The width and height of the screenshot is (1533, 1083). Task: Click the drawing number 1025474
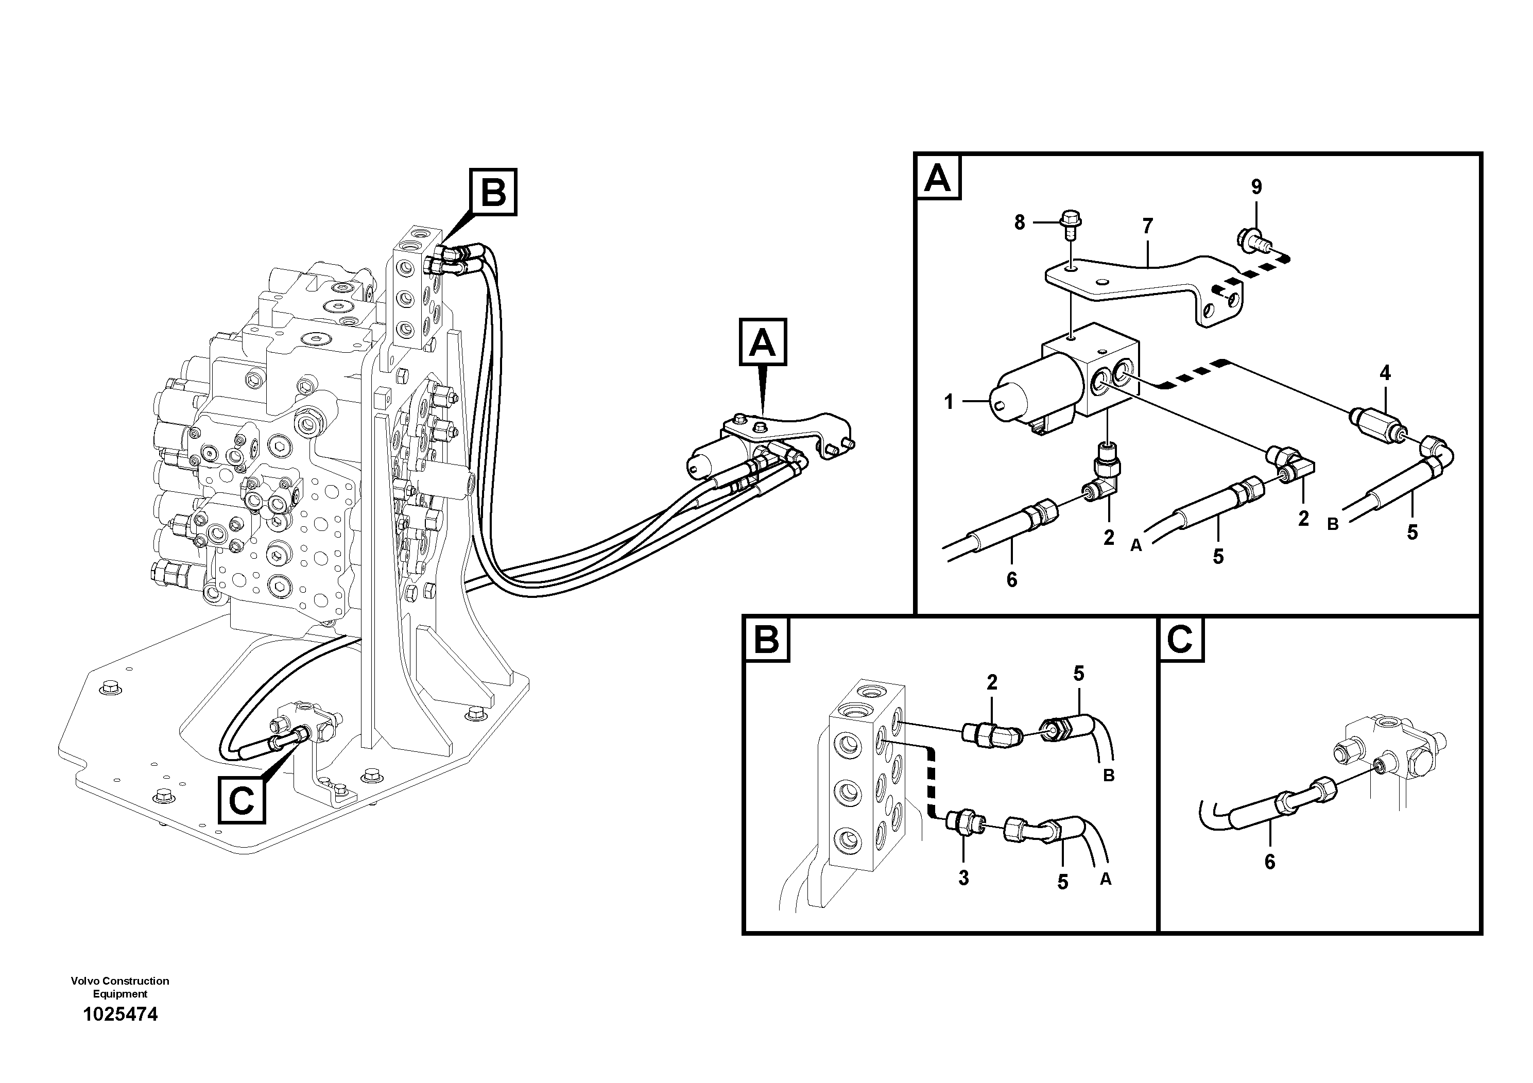[120, 1014]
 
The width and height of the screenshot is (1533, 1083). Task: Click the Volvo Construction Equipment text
[120, 987]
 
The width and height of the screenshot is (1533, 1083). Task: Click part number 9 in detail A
[1256, 187]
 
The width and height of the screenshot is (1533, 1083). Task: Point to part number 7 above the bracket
[1147, 227]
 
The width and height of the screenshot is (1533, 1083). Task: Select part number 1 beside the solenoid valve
[949, 402]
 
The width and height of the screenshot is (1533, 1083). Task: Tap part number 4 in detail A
[1385, 373]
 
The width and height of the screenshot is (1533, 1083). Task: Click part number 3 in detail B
[963, 878]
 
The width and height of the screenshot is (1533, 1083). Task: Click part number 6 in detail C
[1269, 862]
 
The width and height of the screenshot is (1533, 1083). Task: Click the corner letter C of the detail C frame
[1180, 640]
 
